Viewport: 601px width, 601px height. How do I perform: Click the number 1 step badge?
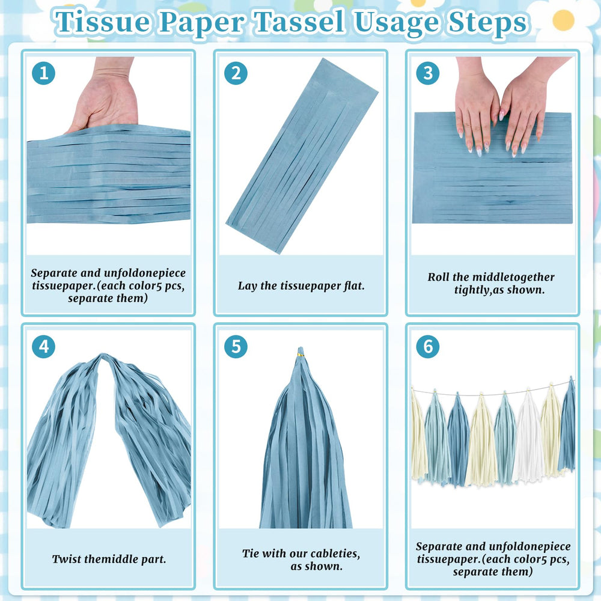pos(44,73)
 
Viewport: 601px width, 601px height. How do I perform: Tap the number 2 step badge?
pos(236,73)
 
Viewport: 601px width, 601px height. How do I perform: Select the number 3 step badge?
pos(428,73)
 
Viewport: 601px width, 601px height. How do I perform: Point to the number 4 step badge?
pos(44,347)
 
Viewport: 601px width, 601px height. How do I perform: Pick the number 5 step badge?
pos(236,347)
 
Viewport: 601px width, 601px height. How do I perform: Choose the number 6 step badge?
pos(428,347)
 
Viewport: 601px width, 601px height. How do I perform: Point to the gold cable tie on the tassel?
pos(300,356)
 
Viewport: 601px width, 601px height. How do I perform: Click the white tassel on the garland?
pos(528,437)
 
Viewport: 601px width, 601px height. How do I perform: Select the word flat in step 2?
pos(352,285)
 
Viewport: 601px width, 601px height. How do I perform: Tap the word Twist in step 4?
pos(67,559)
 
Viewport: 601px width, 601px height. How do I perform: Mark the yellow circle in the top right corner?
pos(564,20)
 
